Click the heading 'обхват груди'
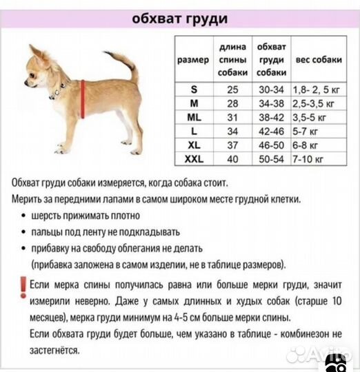180,18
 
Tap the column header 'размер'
193,60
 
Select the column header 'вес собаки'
318,60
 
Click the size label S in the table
193,90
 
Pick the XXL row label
193,159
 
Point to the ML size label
193,117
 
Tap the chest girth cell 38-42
271,117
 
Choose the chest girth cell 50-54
271,159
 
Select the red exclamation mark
23,287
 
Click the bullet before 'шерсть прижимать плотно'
25,216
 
